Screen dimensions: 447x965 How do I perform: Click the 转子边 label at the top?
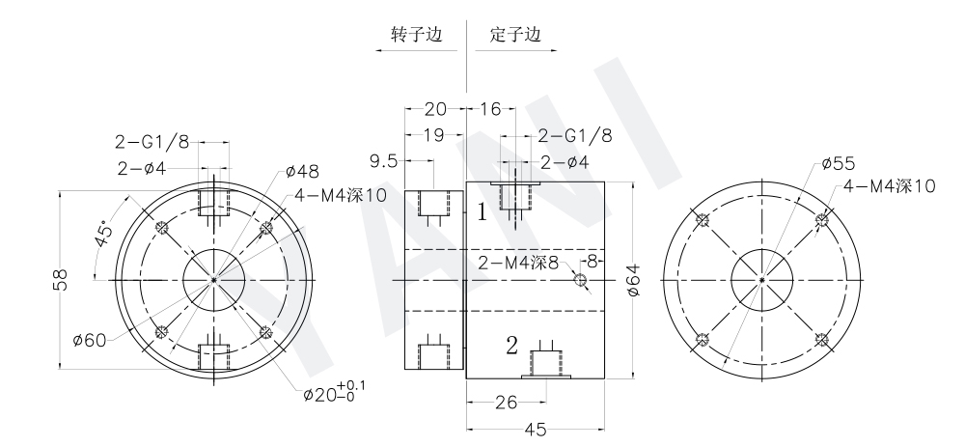[417, 34]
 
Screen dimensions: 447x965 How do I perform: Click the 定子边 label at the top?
[515, 34]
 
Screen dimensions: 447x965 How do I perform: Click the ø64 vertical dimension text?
[634, 280]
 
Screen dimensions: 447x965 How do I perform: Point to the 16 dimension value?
[490, 109]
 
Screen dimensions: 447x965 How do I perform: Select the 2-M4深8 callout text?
[519, 263]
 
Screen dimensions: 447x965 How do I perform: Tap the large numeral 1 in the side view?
[482, 213]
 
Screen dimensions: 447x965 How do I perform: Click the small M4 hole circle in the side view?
[579, 280]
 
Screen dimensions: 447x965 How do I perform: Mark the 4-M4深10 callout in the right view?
[889, 185]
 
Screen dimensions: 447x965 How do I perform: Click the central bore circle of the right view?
[761, 281]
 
